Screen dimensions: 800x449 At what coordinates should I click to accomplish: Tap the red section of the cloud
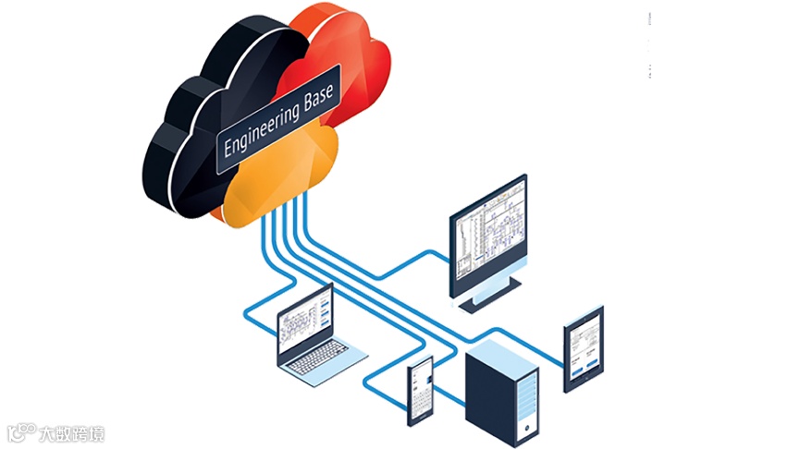[x=342, y=55]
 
